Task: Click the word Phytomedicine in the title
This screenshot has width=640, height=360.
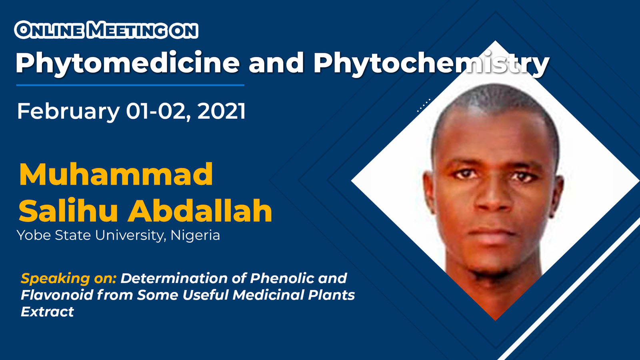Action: [128, 64]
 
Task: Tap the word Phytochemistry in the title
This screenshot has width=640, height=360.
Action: [432, 64]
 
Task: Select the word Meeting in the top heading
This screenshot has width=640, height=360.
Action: [130, 30]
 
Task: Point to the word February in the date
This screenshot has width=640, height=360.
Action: [68, 112]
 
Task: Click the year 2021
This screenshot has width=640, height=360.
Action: [222, 111]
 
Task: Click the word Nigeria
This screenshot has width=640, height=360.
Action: [195, 235]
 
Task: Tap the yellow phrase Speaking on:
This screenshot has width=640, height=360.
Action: [68, 278]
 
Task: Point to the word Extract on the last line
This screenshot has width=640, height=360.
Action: [48, 312]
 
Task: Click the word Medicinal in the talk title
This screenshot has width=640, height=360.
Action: [268, 295]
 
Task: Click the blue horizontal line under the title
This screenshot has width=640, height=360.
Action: [130, 85]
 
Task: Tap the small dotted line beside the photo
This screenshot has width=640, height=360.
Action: [424, 106]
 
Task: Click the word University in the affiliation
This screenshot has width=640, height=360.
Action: [130, 236]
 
